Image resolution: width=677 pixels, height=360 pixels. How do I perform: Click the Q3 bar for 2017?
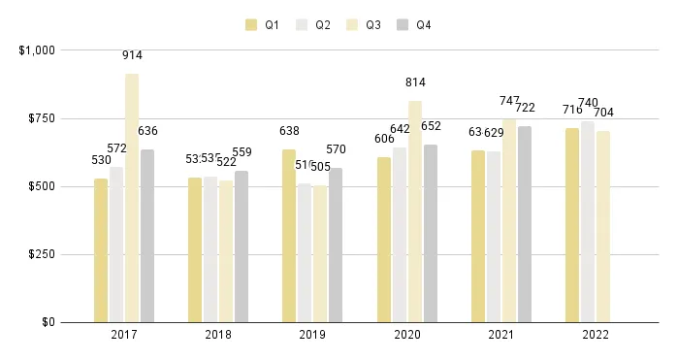132,198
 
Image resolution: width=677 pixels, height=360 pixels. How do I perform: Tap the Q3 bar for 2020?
415,212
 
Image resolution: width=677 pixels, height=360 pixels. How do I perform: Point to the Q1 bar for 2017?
101,250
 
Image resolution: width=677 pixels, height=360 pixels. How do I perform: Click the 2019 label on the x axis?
312,336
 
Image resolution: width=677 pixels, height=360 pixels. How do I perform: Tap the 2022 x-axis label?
596,336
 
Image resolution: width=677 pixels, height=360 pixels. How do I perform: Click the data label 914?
132,55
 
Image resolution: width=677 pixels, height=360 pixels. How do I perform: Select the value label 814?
415,82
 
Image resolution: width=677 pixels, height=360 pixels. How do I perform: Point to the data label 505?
320,166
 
